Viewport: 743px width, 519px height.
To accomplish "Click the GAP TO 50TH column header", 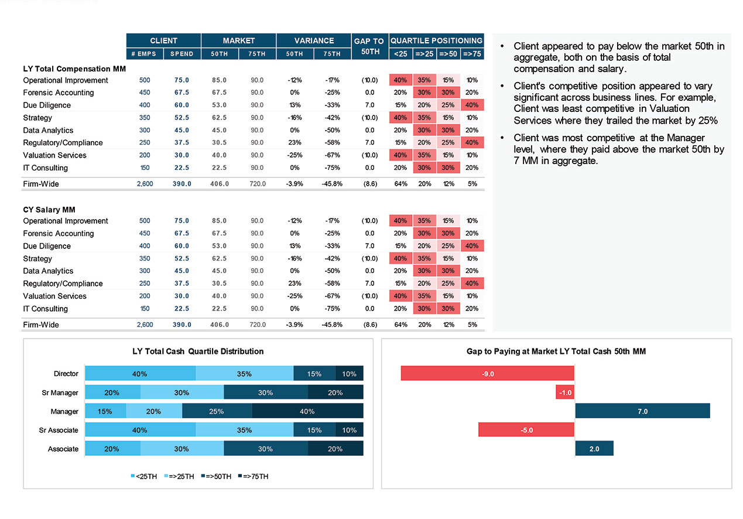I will [369, 46].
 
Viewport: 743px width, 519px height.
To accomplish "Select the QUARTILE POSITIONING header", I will [436, 40].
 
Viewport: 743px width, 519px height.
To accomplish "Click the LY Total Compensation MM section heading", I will [74, 69].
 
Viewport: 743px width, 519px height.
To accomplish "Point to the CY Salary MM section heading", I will [49, 209].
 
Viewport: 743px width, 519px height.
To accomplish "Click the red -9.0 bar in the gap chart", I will [487, 374].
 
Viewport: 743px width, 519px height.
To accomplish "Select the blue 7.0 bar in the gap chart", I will [642, 411].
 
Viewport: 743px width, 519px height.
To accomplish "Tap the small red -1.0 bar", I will [565, 392].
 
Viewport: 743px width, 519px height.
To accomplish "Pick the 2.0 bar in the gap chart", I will [594, 449].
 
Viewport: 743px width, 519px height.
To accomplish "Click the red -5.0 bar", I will [526, 430].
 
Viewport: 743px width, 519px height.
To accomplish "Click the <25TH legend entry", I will [143, 476].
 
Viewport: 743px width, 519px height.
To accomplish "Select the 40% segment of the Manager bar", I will [307, 411].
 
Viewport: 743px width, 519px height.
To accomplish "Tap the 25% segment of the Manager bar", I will [217, 411].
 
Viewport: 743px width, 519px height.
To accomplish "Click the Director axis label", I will [66, 374].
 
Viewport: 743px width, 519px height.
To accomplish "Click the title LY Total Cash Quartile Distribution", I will [198, 351].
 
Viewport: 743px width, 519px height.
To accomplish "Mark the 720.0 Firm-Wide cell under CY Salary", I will [257, 325].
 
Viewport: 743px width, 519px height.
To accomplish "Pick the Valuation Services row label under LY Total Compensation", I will [54, 155].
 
